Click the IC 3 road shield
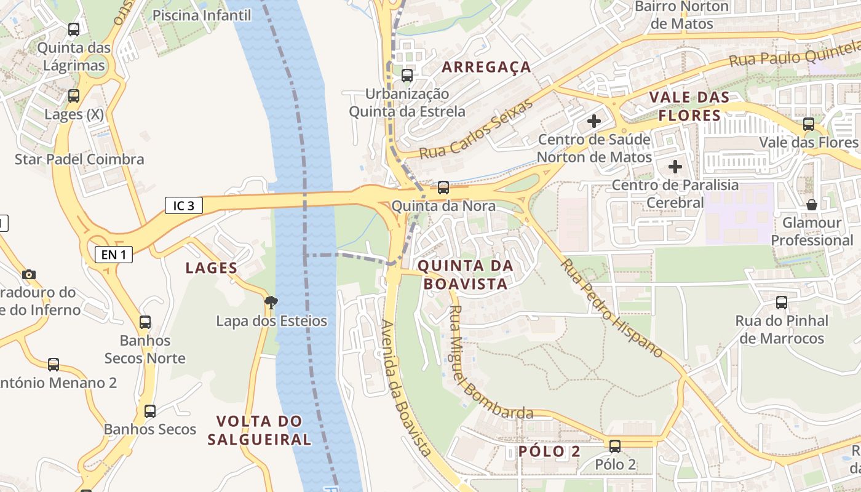183,205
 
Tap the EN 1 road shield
113,254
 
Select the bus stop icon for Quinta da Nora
443,188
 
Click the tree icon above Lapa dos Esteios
271,302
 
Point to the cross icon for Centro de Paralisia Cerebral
675,166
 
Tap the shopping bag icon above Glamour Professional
811,204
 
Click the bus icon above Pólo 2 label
614,446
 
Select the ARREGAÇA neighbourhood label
486,67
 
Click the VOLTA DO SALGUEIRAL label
259,430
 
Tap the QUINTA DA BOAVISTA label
465,274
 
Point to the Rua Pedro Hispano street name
611,307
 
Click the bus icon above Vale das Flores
808,124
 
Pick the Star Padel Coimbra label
79,159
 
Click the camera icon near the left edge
28,274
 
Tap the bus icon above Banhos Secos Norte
145,322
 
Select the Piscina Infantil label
202,15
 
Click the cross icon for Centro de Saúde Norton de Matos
593,121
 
